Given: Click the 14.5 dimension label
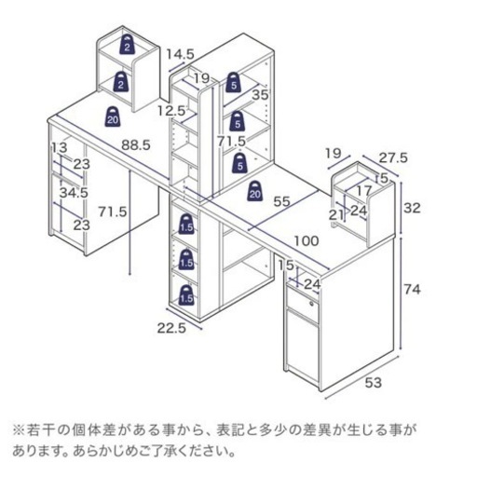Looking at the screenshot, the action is [180, 54].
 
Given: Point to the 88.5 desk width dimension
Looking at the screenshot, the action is [136, 144].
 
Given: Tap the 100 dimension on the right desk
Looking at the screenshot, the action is [307, 240].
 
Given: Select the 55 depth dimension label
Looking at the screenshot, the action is [281, 201].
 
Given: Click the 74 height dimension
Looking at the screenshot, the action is [412, 290].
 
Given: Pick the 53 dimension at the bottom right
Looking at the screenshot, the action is [373, 383].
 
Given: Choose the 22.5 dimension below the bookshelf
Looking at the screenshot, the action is [171, 328].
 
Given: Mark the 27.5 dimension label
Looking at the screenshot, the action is [393, 158].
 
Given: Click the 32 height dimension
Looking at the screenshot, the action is [412, 208].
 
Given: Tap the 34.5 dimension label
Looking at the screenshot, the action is [74, 193].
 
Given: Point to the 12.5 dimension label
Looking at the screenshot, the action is [171, 111].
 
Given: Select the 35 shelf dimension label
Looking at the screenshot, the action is [260, 95].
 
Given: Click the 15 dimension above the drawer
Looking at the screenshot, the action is [286, 266].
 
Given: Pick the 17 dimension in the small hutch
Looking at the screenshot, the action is [364, 190].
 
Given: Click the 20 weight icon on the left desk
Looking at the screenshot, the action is [113, 116].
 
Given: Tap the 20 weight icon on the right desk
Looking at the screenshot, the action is [254, 191].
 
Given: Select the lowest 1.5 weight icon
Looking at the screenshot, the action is [186, 294].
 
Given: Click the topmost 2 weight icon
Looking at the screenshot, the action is [127, 45].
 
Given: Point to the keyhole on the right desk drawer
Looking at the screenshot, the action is [311, 303].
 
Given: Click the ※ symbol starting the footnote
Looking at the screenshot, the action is [19, 430].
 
